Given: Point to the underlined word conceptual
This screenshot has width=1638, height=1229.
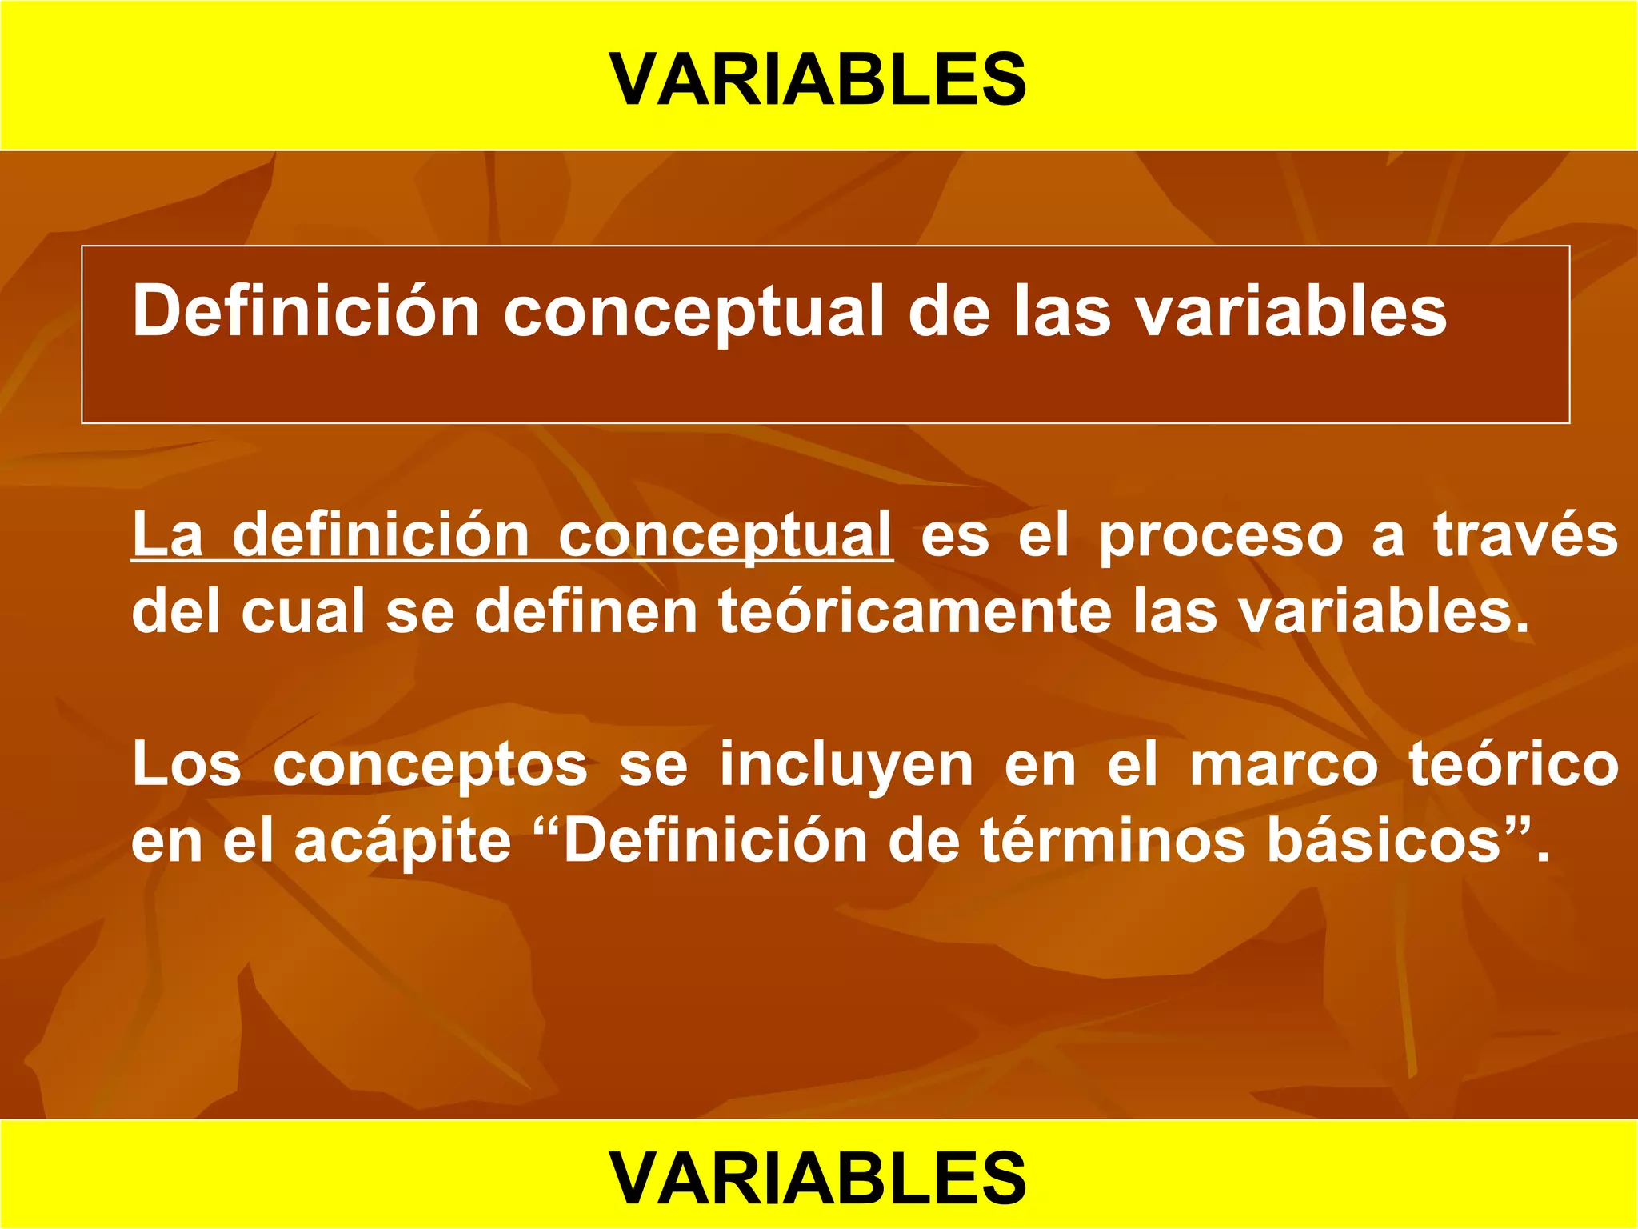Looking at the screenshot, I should [x=725, y=535].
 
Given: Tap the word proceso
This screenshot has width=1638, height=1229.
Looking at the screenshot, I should [x=1221, y=535].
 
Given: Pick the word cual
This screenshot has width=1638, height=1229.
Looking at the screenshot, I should [x=303, y=610].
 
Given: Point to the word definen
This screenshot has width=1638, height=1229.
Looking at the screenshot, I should [x=586, y=610].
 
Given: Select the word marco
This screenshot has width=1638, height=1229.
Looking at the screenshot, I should [x=1284, y=764].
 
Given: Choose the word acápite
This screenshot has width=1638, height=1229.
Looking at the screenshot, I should [x=402, y=843].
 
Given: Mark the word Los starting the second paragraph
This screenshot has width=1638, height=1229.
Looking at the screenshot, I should [x=186, y=764].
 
